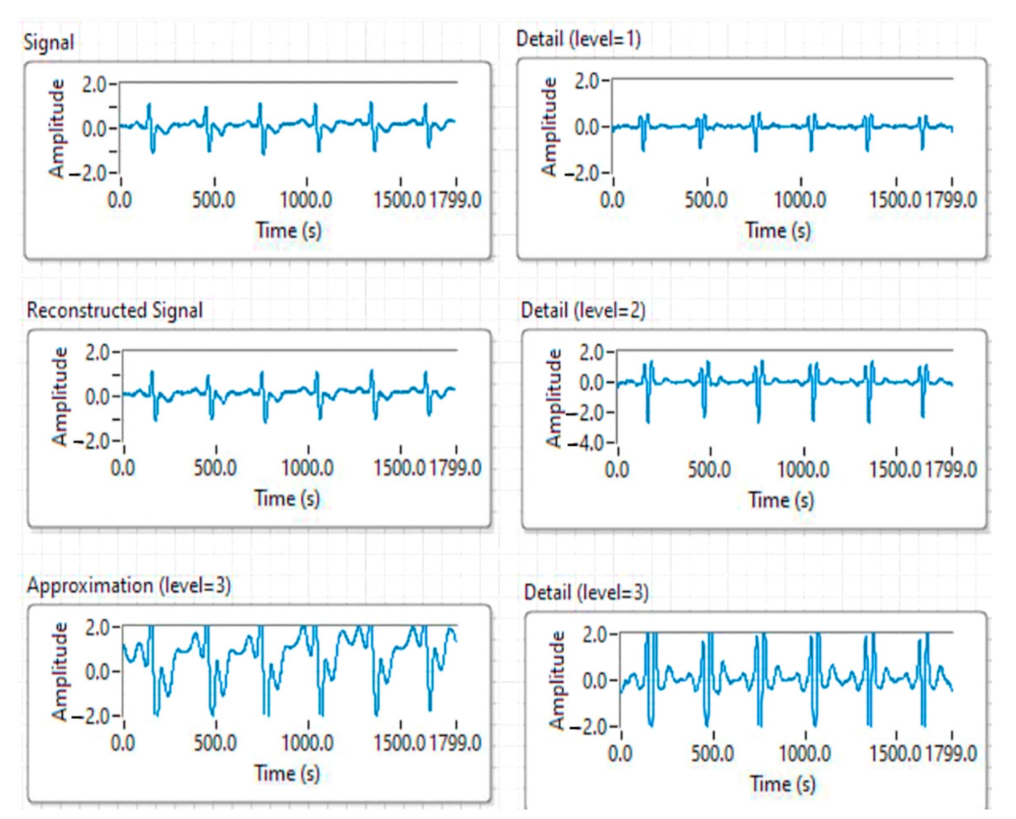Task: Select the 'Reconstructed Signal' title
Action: point(115,310)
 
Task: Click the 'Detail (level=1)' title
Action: point(578,39)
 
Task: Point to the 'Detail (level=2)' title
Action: point(583,310)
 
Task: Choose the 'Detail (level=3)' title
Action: point(586,592)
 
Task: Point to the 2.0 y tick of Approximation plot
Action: point(98,628)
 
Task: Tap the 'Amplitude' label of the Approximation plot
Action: point(60,671)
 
